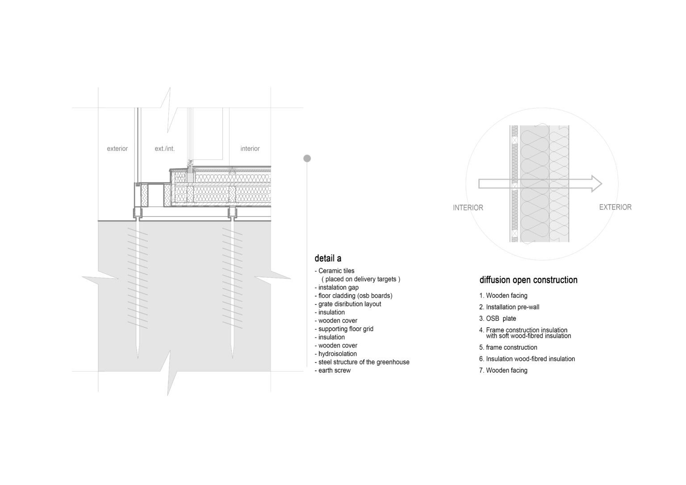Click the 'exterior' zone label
[x=117, y=149]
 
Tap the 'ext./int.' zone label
[x=165, y=149]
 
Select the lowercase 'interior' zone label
[x=250, y=149]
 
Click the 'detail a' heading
[x=328, y=259]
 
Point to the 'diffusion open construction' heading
[x=528, y=280]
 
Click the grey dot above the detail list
[x=307, y=158]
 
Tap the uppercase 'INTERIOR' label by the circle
[x=468, y=208]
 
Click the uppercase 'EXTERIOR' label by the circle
[x=615, y=207]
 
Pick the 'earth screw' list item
[x=333, y=370]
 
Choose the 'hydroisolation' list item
[x=336, y=354]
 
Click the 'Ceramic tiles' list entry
[x=335, y=271]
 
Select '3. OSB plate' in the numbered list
[x=498, y=318]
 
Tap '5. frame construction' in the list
[x=508, y=347]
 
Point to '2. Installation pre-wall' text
[x=509, y=307]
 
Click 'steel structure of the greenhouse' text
[x=362, y=362]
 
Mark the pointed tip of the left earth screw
[x=138, y=358]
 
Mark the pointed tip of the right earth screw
[x=232, y=358]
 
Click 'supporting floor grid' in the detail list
[x=344, y=329]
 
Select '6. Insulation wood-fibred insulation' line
[x=527, y=359]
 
